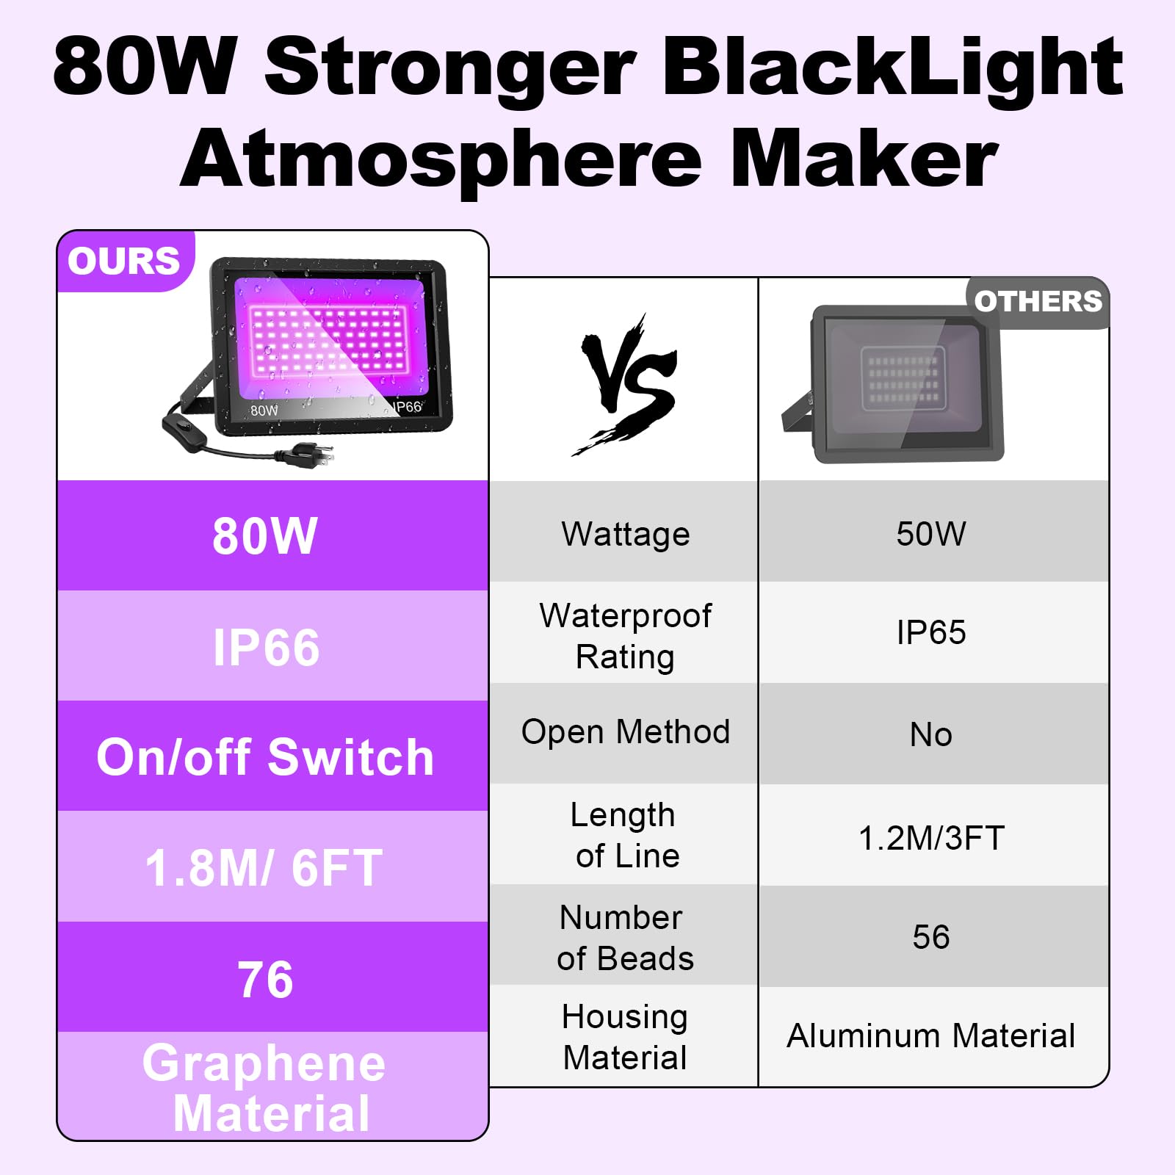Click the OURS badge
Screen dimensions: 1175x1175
(123, 261)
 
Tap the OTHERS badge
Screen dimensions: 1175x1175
(1038, 301)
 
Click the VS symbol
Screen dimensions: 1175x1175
(626, 384)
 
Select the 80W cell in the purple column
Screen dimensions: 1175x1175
(265, 535)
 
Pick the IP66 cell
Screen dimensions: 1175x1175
(266, 647)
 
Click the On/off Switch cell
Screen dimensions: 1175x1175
(265, 756)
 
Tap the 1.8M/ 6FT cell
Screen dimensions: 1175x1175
(264, 867)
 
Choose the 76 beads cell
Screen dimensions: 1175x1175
(265, 979)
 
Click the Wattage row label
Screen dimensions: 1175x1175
(626, 534)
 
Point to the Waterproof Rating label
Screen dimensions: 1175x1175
(626, 635)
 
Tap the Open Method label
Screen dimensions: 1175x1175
(626, 732)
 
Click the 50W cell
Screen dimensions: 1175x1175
(931, 534)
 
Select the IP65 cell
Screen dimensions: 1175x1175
(931, 632)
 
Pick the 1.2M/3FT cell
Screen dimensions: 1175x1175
(931, 837)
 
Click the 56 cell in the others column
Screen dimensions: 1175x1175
(931, 937)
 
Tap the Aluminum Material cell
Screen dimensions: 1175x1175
(931, 1035)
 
